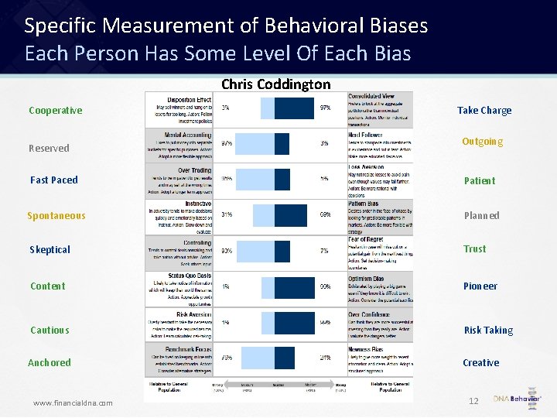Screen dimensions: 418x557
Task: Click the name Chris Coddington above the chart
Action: tap(275, 84)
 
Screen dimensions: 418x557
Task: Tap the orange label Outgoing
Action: tap(482, 142)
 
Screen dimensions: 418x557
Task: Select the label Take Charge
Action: tap(484, 110)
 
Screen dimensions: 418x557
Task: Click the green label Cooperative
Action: tap(55, 110)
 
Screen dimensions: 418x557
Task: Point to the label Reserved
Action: tap(49, 148)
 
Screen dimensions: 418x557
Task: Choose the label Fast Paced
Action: tap(54, 180)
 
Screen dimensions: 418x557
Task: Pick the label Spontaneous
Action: tap(56, 215)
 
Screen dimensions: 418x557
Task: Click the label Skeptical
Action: tap(50, 249)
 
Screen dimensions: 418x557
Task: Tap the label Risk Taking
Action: tap(488, 330)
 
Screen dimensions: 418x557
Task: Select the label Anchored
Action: tap(50, 362)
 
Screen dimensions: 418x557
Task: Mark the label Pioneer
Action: tap(480, 286)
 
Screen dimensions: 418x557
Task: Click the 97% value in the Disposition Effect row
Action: tap(326, 108)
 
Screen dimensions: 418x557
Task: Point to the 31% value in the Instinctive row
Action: tap(227, 214)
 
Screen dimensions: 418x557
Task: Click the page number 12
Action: tap(473, 401)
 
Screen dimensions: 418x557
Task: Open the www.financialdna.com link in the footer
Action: tap(73, 403)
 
